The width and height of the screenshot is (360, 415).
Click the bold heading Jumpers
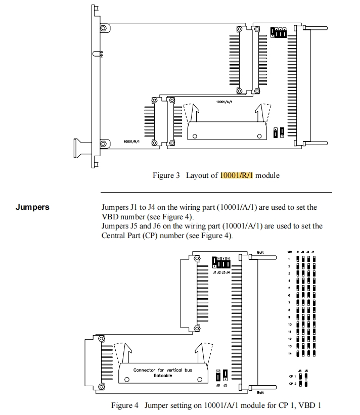click(x=32, y=207)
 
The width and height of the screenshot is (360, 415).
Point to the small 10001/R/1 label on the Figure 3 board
click(x=131, y=142)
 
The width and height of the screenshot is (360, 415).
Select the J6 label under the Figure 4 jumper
click(x=218, y=385)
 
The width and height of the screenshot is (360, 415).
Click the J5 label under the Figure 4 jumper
click(x=225, y=385)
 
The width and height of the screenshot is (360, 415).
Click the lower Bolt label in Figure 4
click(x=260, y=392)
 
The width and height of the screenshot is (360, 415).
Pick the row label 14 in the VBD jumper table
click(x=290, y=353)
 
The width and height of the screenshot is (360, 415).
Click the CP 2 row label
click(x=292, y=384)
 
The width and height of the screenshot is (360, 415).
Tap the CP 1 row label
click(x=292, y=376)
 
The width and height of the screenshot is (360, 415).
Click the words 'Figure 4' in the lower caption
click(x=125, y=405)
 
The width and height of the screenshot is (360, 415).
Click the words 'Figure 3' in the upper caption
click(x=166, y=175)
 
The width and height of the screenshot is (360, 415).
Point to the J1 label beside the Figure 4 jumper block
click(x=215, y=272)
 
